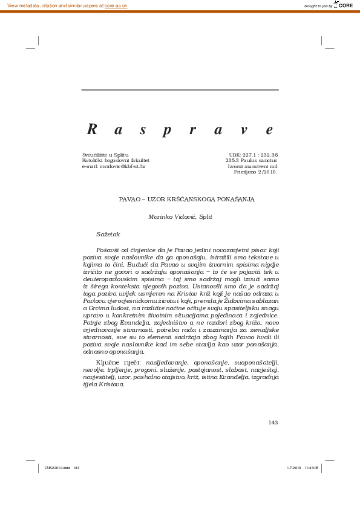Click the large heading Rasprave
[180, 129]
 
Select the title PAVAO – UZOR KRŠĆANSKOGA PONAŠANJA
[186, 199]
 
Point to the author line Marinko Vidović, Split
[180, 216]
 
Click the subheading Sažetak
[108, 234]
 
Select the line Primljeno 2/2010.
[255, 172]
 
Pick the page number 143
[273, 422]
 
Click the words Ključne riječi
[114, 361]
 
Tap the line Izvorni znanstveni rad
[252, 166]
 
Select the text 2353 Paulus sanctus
[251, 160]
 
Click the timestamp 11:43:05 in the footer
[312, 468]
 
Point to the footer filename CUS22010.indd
[57, 468]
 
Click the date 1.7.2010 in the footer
[293, 468]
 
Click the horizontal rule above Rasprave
[180, 90]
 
